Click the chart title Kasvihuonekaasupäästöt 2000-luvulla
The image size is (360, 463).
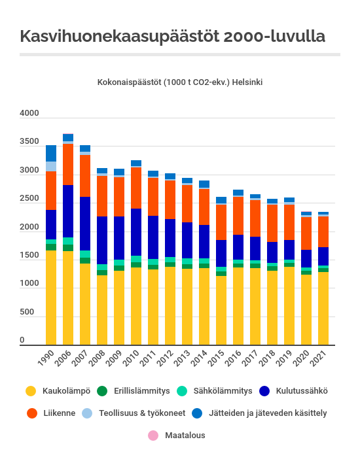coord(173,37)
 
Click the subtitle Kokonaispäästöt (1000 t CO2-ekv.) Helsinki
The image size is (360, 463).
coord(180,82)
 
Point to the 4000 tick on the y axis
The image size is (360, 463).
coord(29,112)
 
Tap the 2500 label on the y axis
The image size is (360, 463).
coord(29,198)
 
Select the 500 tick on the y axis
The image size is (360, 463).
coord(27,312)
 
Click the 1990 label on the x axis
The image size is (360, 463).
coord(46,358)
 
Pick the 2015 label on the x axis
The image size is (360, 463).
coord(217,358)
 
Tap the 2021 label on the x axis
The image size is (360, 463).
coord(319,358)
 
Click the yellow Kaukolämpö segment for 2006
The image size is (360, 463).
coord(68,298)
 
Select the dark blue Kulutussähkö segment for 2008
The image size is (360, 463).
coord(102,241)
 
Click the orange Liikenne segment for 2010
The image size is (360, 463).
coord(136,188)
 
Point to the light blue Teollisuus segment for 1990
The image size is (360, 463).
coord(51,167)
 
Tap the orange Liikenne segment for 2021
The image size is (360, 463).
coord(323,231)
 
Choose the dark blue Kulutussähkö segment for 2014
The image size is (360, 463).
coord(204,241)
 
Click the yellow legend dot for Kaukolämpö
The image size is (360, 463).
coord(31,391)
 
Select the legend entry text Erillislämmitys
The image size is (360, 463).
coord(142,391)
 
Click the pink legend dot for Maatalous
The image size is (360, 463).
coord(153,436)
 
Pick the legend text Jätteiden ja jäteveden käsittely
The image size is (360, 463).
coord(268,413)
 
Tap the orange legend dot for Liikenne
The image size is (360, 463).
coord(32,413)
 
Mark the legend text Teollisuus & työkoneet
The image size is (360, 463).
coord(142,413)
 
